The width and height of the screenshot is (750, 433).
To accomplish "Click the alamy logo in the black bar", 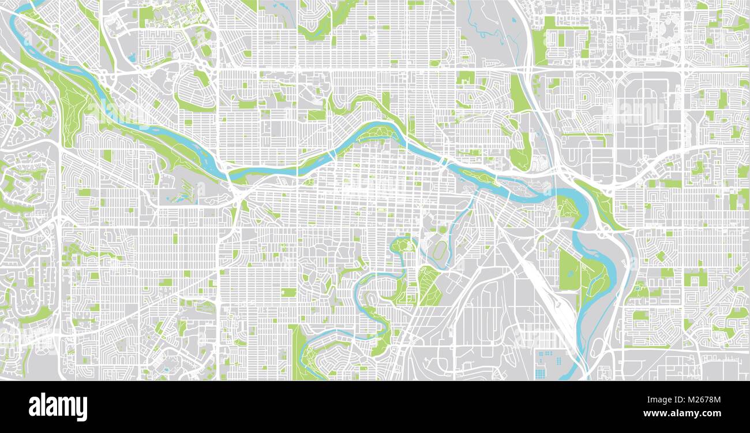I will click(x=58, y=406).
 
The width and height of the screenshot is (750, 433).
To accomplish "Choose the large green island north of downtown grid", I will click(x=378, y=133).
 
